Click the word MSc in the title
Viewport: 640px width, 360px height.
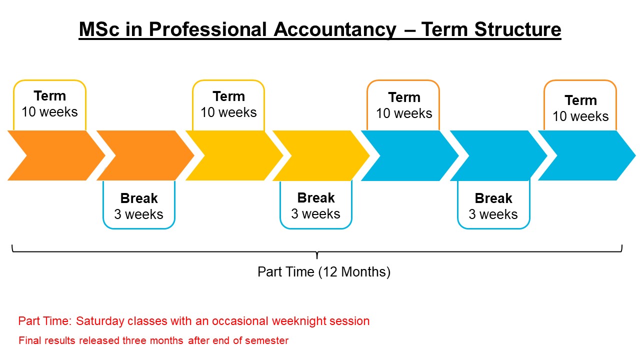click(99, 29)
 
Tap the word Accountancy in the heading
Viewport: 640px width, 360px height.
click(335, 29)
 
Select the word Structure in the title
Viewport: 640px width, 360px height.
click(517, 29)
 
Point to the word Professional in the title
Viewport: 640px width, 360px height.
click(207, 29)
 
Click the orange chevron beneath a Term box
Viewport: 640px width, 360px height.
click(56, 155)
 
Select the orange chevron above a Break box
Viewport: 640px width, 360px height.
click(145, 155)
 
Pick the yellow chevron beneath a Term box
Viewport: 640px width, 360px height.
click(234, 155)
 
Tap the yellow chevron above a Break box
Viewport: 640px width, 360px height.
click(321, 155)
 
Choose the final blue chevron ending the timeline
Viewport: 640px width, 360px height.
click(587, 155)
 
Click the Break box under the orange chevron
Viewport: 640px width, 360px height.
click(139, 205)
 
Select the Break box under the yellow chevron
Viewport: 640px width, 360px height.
click(315, 205)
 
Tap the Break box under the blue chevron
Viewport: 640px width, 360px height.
click(493, 205)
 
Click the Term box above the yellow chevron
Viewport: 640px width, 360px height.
click(228, 105)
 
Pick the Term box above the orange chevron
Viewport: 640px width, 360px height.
click(49, 105)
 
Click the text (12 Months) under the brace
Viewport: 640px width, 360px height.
click(354, 271)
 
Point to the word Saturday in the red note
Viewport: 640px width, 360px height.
click(100, 321)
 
